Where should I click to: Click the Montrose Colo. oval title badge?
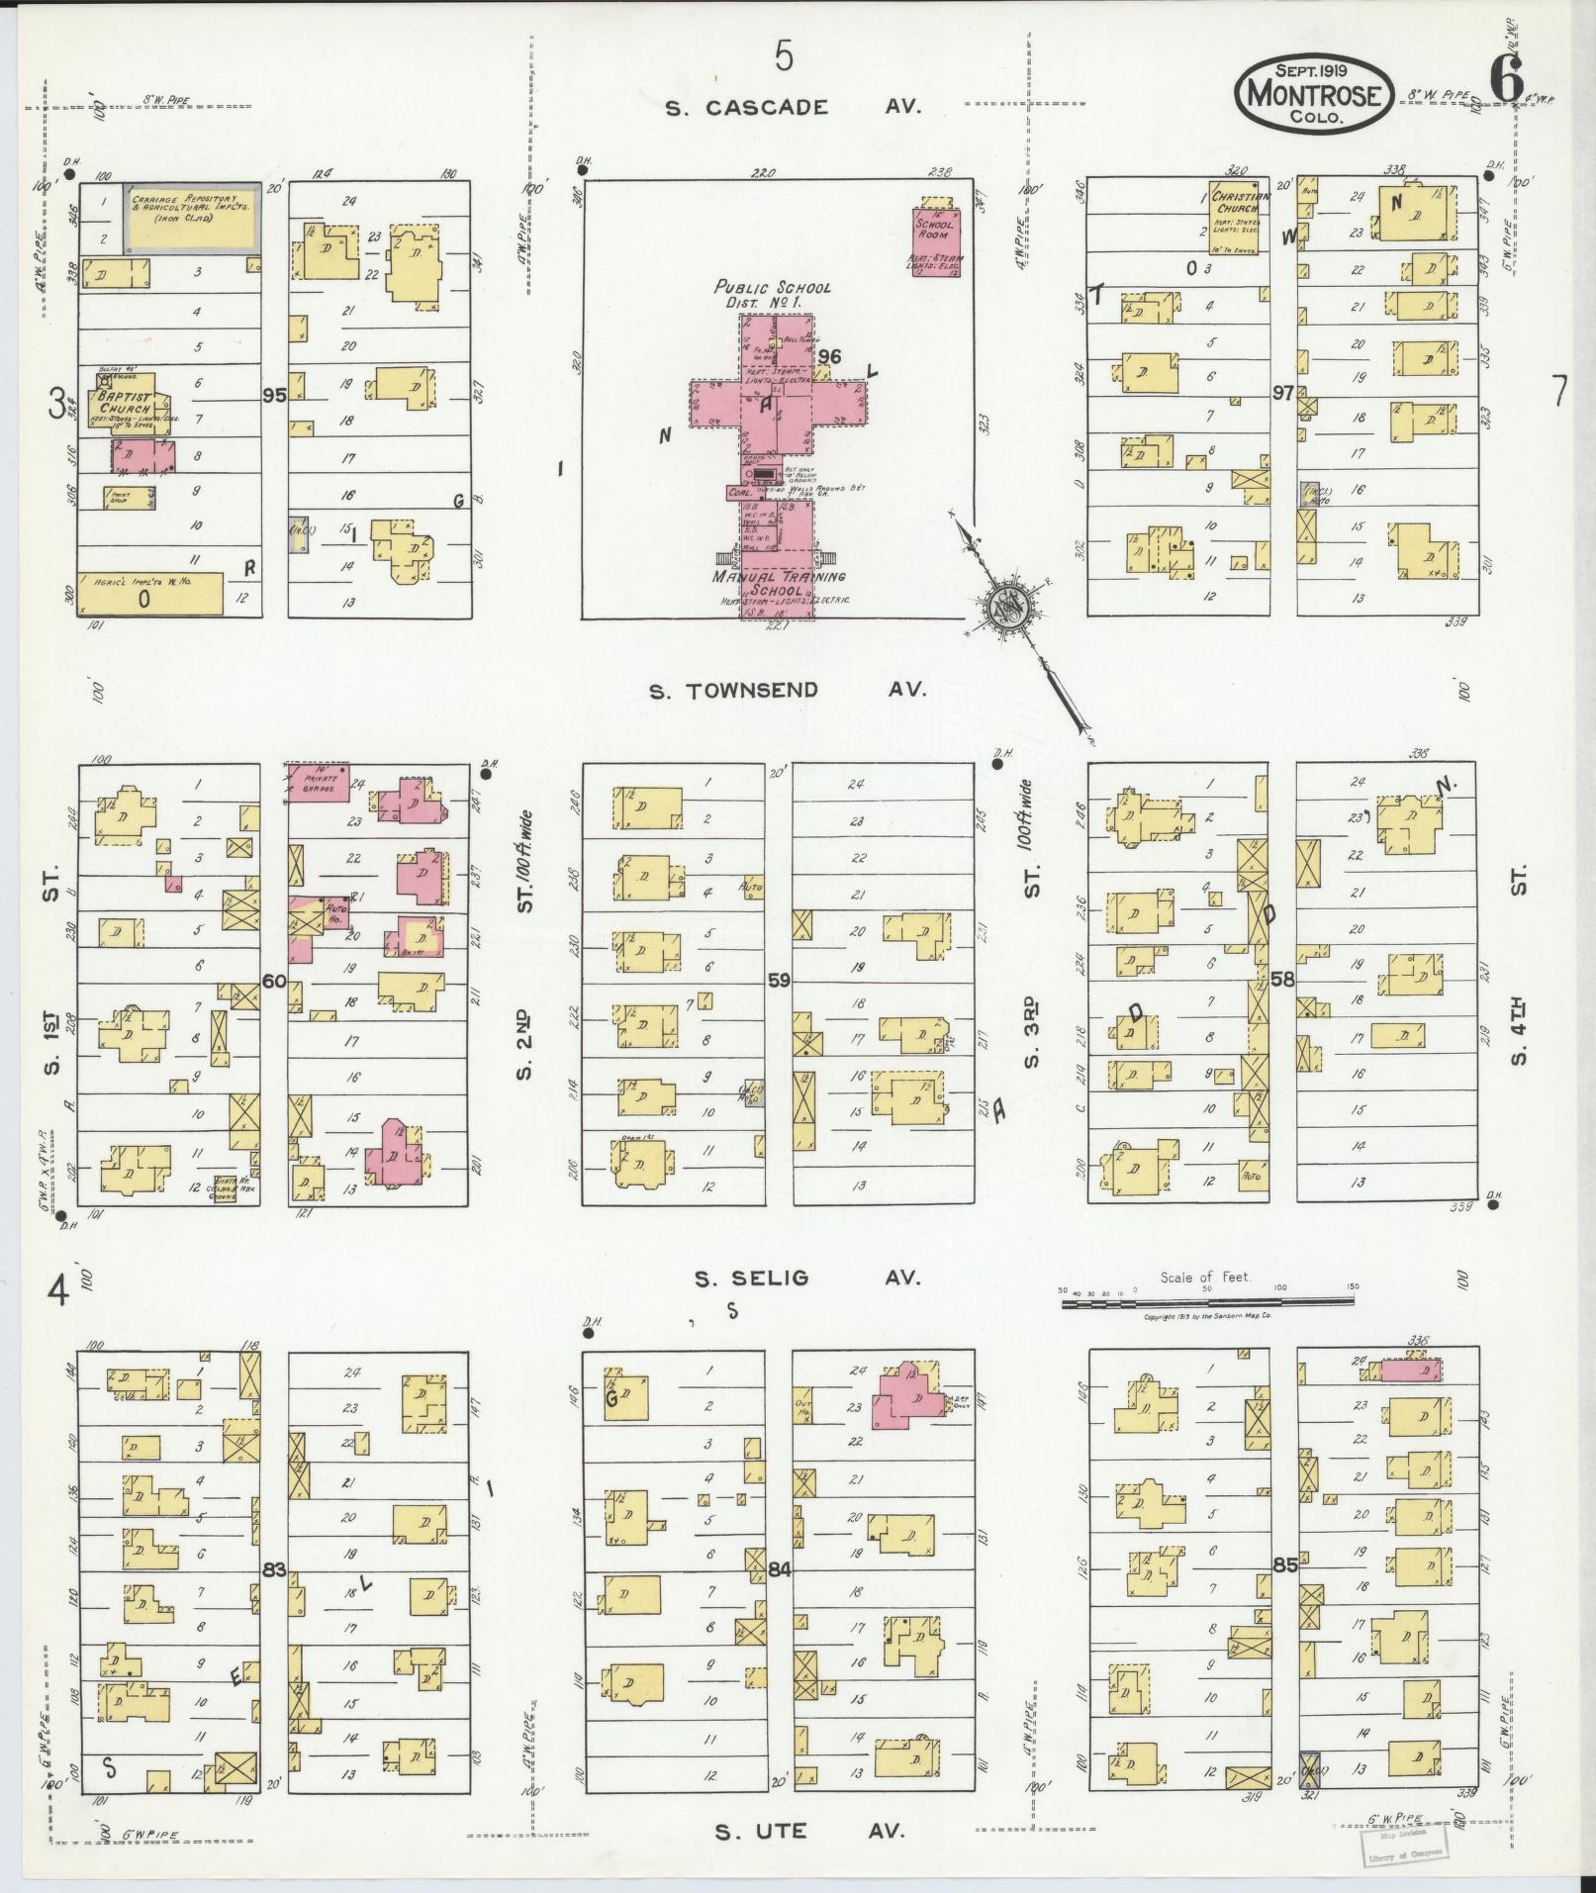pyautogui.click(x=1314, y=92)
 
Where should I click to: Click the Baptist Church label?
pyautogui.click(x=124, y=404)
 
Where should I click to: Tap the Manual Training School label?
pyautogui.click(x=779, y=583)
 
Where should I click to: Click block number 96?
pyautogui.click(x=829, y=357)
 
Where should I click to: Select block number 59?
pyautogui.click(x=779, y=982)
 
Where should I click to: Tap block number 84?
pyautogui.click(x=780, y=1569)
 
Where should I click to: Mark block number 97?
pyautogui.click(x=1282, y=394)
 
